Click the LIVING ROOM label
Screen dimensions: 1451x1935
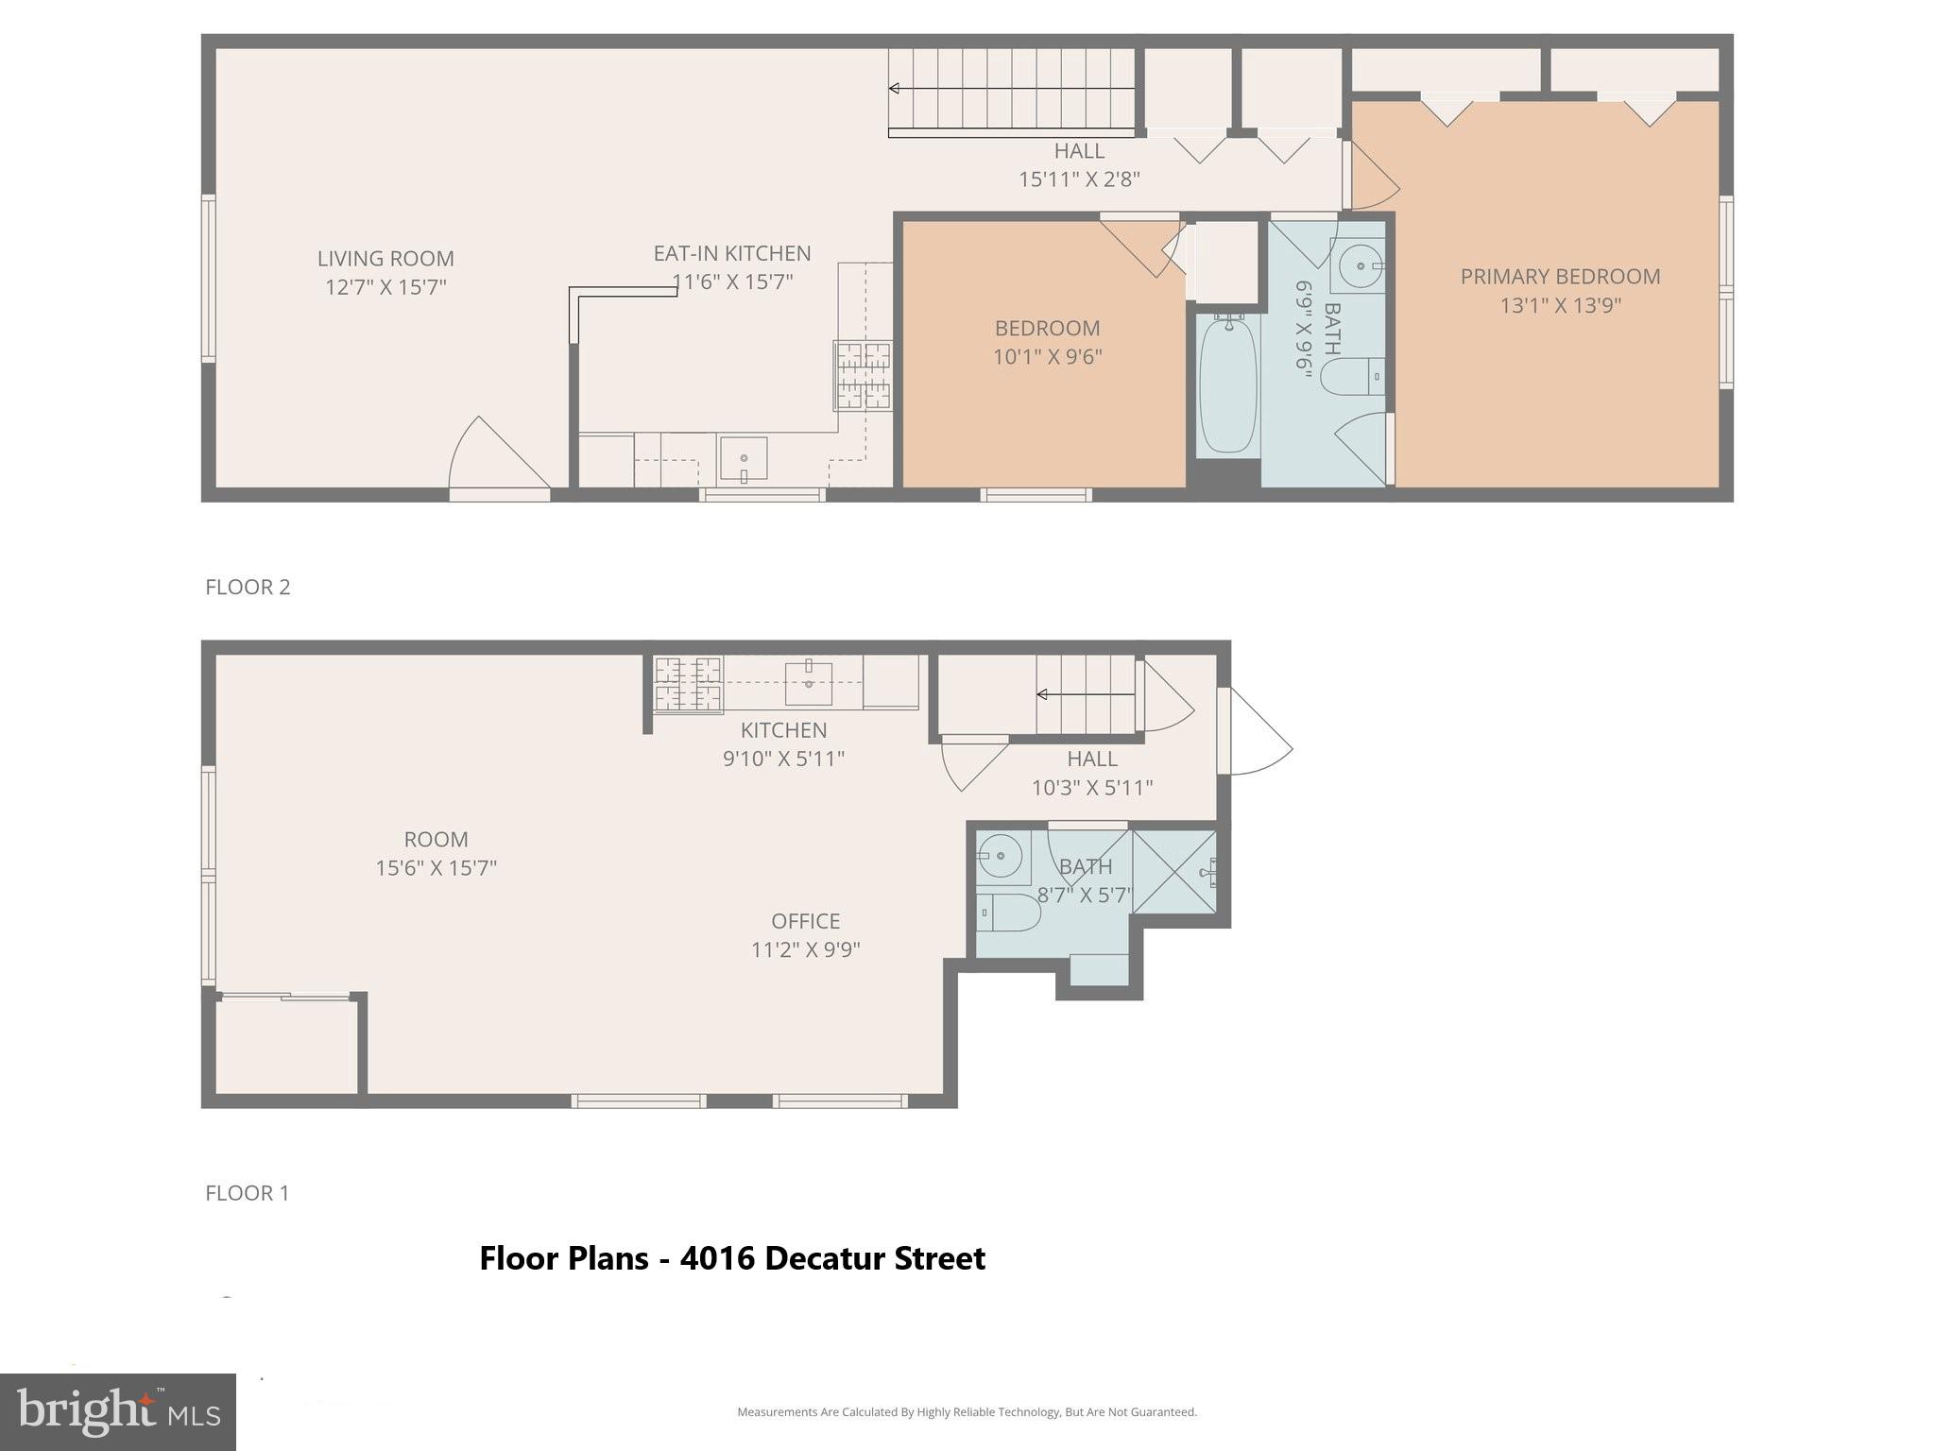[x=385, y=258]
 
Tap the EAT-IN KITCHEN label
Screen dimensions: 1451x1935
[x=732, y=253]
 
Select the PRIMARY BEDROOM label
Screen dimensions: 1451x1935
[x=1560, y=277]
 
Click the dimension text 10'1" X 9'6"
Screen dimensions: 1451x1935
[x=1047, y=357]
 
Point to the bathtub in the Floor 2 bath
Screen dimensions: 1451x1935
[x=1228, y=385]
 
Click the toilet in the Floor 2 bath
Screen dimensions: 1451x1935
[x=1351, y=377]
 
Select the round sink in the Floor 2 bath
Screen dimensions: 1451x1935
[x=1359, y=266]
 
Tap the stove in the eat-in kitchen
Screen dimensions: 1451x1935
[x=863, y=375]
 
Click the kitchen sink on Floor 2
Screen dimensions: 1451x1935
[x=744, y=458]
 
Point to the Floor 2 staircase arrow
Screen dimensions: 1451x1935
[x=1011, y=89]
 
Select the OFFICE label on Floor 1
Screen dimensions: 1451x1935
[x=805, y=921]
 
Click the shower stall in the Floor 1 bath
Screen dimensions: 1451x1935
[x=1174, y=872]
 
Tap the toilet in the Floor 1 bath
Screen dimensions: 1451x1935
[x=1006, y=913]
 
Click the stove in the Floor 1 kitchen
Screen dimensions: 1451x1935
[x=688, y=684]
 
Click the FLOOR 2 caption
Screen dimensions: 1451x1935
[x=248, y=587]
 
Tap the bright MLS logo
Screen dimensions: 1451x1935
[x=117, y=1411]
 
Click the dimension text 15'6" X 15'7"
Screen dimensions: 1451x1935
[x=436, y=867]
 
